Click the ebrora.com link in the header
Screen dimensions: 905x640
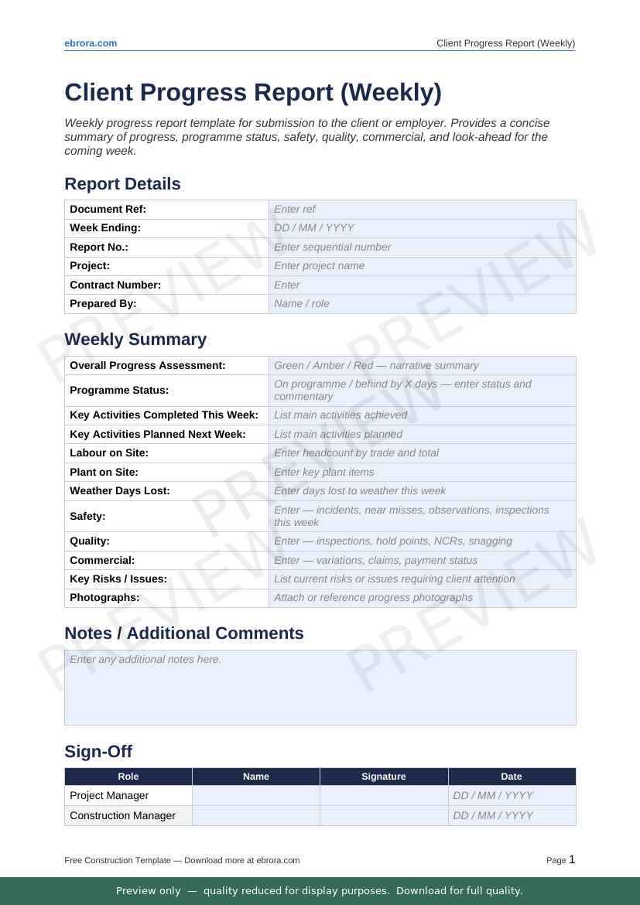pos(91,43)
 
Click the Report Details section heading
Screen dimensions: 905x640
pos(122,184)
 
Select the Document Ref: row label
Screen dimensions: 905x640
pos(108,210)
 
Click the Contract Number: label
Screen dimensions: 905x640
pos(115,285)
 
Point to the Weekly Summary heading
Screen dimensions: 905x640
pos(135,340)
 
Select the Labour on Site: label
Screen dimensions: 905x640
pos(109,453)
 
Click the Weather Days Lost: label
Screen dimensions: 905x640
pos(120,491)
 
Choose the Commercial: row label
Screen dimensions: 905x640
pos(102,561)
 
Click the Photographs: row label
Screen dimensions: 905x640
pos(104,598)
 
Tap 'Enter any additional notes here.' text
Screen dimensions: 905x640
pos(145,660)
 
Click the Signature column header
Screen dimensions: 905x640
pos(384,777)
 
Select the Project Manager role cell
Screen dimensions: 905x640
pos(109,796)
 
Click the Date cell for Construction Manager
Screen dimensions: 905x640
pos(512,816)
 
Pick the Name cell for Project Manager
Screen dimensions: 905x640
pos(255,796)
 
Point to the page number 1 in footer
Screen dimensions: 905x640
pos(572,859)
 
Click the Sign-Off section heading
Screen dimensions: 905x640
pos(98,752)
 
